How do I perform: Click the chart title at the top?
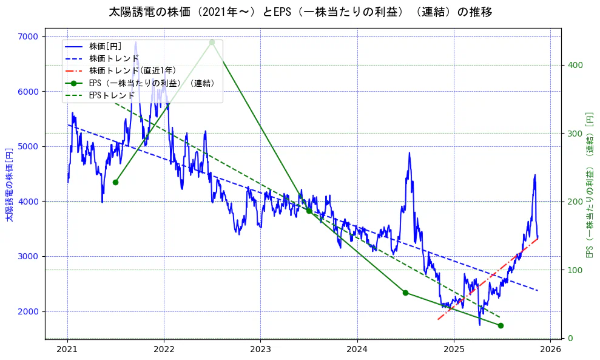tap(300, 12)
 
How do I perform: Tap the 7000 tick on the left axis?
tap(28, 36)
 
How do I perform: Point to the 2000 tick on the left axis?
tap(28, 311)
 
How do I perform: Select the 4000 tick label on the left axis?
tap(28, 202)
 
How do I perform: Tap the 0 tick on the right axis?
tap(570, 338)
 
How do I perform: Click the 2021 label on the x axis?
tap(67, 350)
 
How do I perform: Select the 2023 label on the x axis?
tap(260, 350)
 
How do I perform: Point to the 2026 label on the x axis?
tap(550, 350)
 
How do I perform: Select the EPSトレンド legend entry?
tap(112, 95)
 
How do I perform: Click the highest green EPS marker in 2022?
tap(212, 42)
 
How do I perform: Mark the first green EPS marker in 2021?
tap(115, 182)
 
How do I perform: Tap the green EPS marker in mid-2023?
tap(309, 211)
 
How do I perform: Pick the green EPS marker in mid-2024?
tap(405, 293)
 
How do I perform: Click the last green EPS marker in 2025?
tap(501, 325)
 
